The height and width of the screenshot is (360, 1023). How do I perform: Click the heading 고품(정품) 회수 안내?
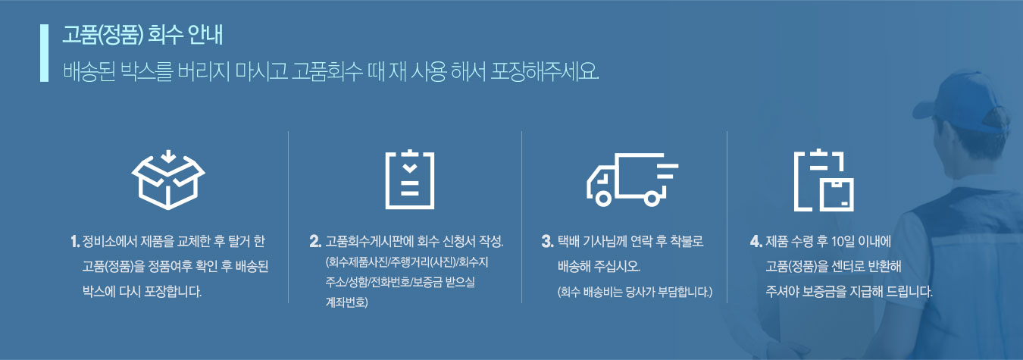142,35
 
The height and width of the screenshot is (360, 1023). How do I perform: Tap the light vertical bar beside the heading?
44,53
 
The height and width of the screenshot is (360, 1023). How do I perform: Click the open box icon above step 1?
168,180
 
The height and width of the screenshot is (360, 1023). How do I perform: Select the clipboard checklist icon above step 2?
410,180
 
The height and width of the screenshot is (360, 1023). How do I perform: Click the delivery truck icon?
633,179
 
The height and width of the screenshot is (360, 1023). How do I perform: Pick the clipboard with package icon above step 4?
824,180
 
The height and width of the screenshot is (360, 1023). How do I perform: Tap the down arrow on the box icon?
168,157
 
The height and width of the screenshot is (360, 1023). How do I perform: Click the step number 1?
75,241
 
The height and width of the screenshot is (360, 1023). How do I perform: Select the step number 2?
315,241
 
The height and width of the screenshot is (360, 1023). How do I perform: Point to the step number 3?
547,241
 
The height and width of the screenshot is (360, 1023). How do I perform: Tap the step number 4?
756,241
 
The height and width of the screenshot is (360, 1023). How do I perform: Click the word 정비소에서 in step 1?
109,241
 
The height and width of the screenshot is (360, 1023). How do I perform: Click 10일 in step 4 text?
843,241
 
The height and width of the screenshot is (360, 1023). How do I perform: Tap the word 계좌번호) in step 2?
346,302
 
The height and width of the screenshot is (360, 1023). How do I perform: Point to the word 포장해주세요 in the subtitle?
544,72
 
